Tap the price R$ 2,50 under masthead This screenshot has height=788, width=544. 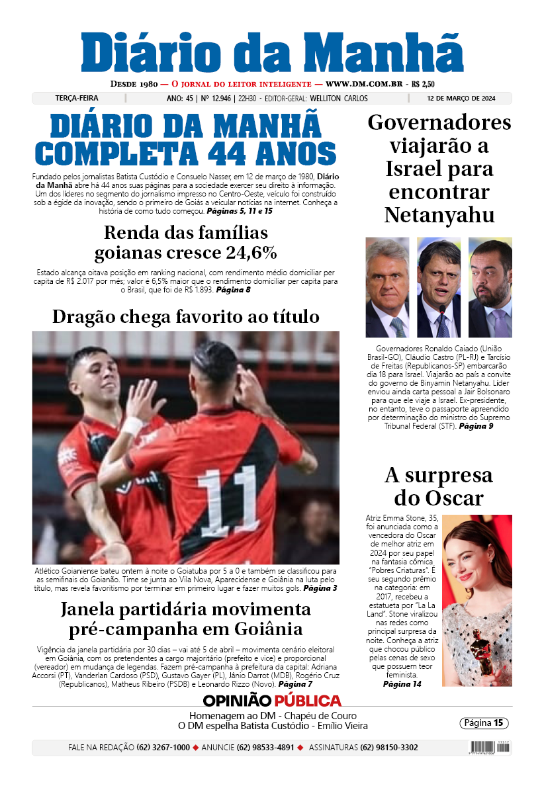[x=423, y=84]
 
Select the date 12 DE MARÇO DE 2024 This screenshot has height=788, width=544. [x=461, y=99]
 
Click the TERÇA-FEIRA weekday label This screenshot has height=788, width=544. [x=77, y=99]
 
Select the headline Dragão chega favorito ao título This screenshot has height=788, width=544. [x=186, y=316]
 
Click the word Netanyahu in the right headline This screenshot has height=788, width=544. [x=439, y=215]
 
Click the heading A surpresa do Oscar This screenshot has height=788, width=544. [x=439, y=486]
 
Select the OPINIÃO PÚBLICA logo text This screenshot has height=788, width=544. [x=272, y=701]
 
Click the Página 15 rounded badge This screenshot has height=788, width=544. [x=484, y=723]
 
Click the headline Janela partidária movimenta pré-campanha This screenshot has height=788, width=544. [x=186, y=618]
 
